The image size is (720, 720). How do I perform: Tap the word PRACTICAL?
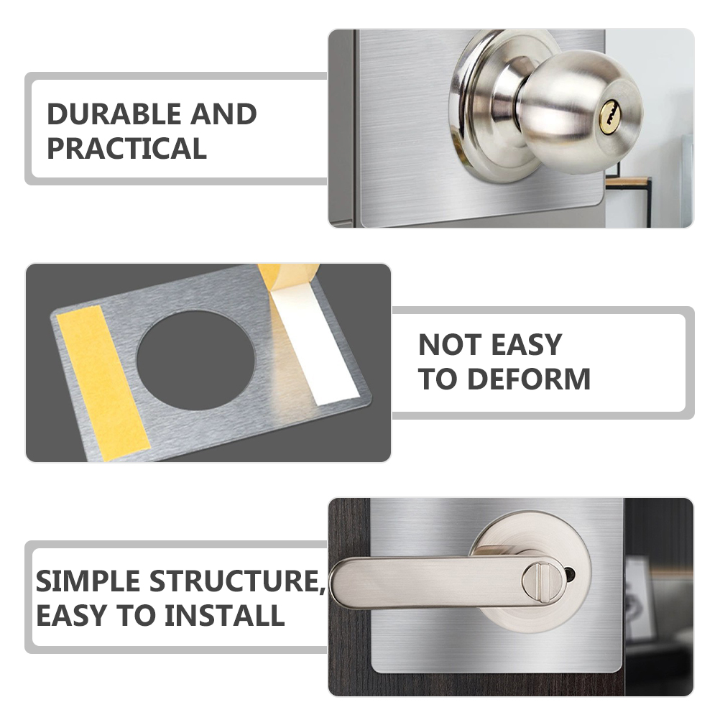(126, 149)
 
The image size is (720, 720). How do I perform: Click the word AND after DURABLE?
(223, 115)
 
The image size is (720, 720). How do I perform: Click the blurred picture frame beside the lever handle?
(640, 596)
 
